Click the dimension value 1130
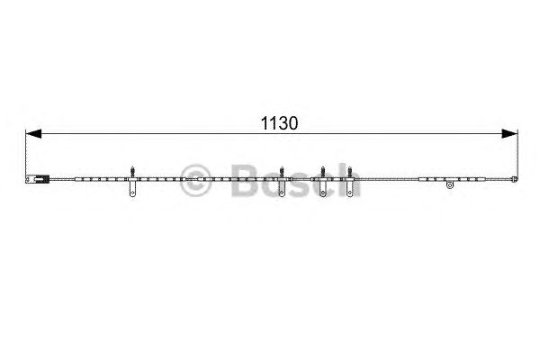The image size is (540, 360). [x=279, y=123]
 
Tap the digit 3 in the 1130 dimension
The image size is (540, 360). [x=283, y=123]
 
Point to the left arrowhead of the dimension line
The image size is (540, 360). [x=33, y=134]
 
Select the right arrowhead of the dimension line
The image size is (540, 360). [x=509, y=134]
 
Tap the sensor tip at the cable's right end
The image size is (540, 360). [x=514, y=179]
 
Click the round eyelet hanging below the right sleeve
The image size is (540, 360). [x=450, y=185]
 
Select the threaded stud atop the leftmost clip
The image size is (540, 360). [x=132, y=172]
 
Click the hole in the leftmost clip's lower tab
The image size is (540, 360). [x=132, y=193]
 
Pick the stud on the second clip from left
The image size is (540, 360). [x=282, y=172]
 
